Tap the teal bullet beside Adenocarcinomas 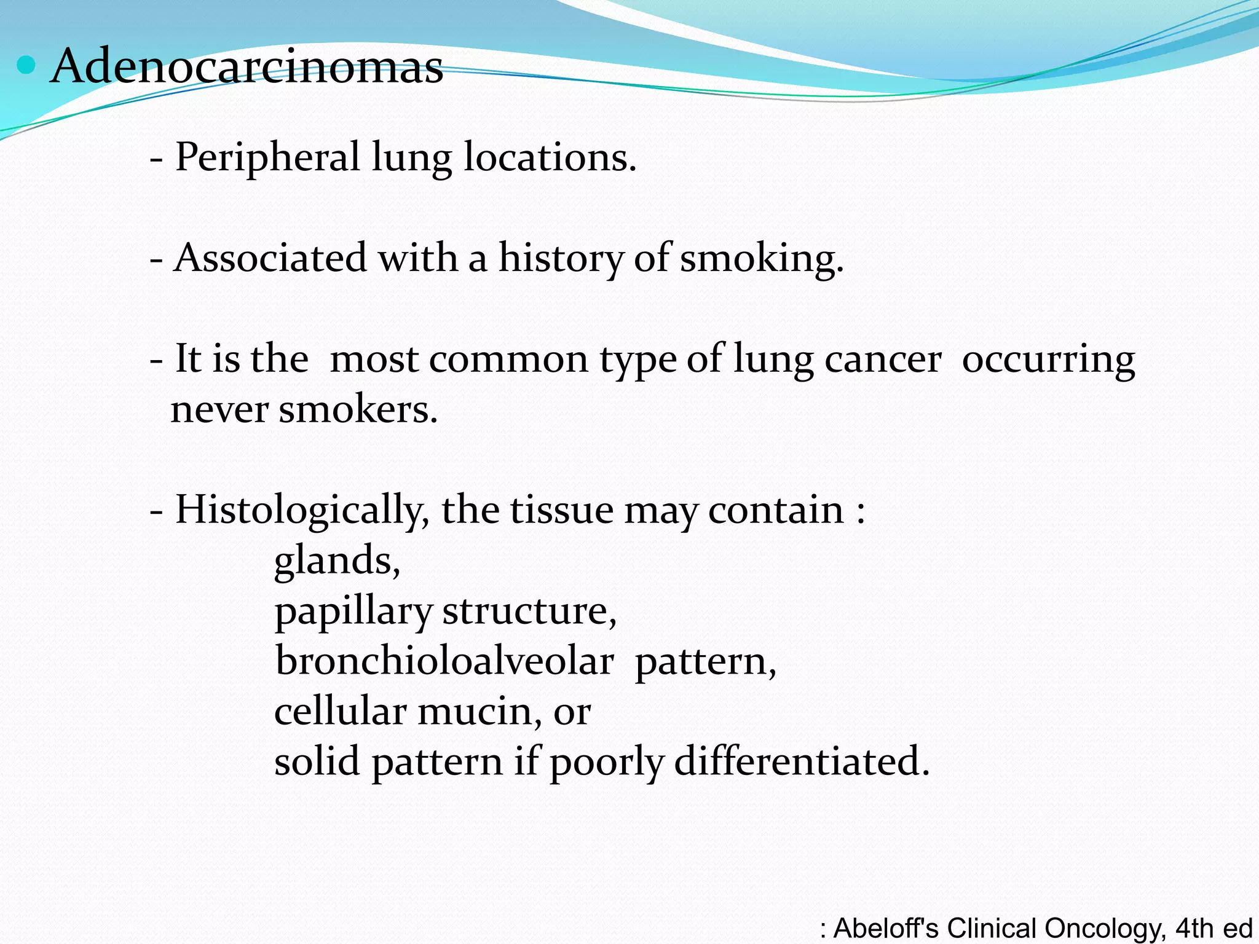click(26, 65)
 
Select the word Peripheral click(267, 158)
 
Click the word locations click(550, 158)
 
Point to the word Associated click(270, 258)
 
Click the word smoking click(762, 258)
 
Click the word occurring click(1048, 360)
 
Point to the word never click(219, 410)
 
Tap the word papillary click(353, 612)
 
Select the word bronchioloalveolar click(444, 661)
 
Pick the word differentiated click(802, 762)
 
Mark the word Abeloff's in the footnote click(886, 928)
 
